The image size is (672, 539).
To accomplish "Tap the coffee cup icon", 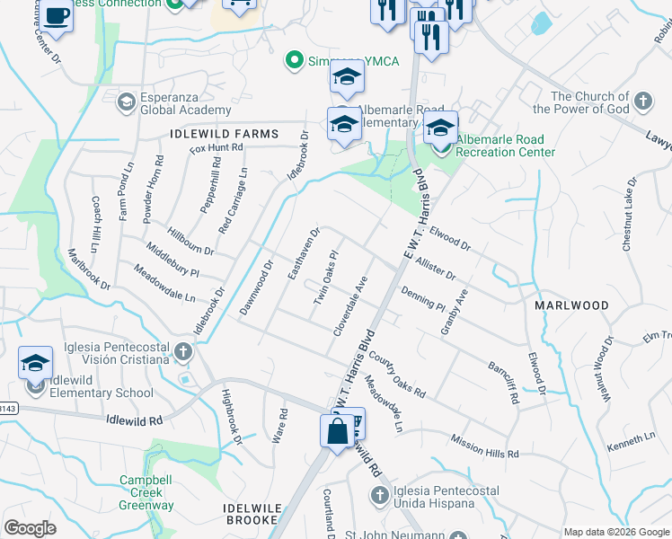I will tap(57, 17).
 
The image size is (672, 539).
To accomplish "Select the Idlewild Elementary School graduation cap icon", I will tap(36, 363).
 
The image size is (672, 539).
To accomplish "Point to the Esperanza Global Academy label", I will tap(173, 103).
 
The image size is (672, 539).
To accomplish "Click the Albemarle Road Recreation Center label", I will tap(505, 146).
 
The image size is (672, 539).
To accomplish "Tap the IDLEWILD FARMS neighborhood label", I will tap(224, 134).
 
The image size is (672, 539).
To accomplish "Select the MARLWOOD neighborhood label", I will tap(571, 305).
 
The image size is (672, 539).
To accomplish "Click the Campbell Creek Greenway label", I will tap(147, 492).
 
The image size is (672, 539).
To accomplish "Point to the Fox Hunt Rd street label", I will tap(217, 147).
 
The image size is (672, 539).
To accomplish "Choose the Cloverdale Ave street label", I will tap(350, 306).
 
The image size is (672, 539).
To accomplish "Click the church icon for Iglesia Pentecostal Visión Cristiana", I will tap(183, 350).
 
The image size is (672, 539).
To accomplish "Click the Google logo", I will tap(30, 528).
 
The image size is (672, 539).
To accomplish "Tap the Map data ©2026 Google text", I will tap(616, 532).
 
